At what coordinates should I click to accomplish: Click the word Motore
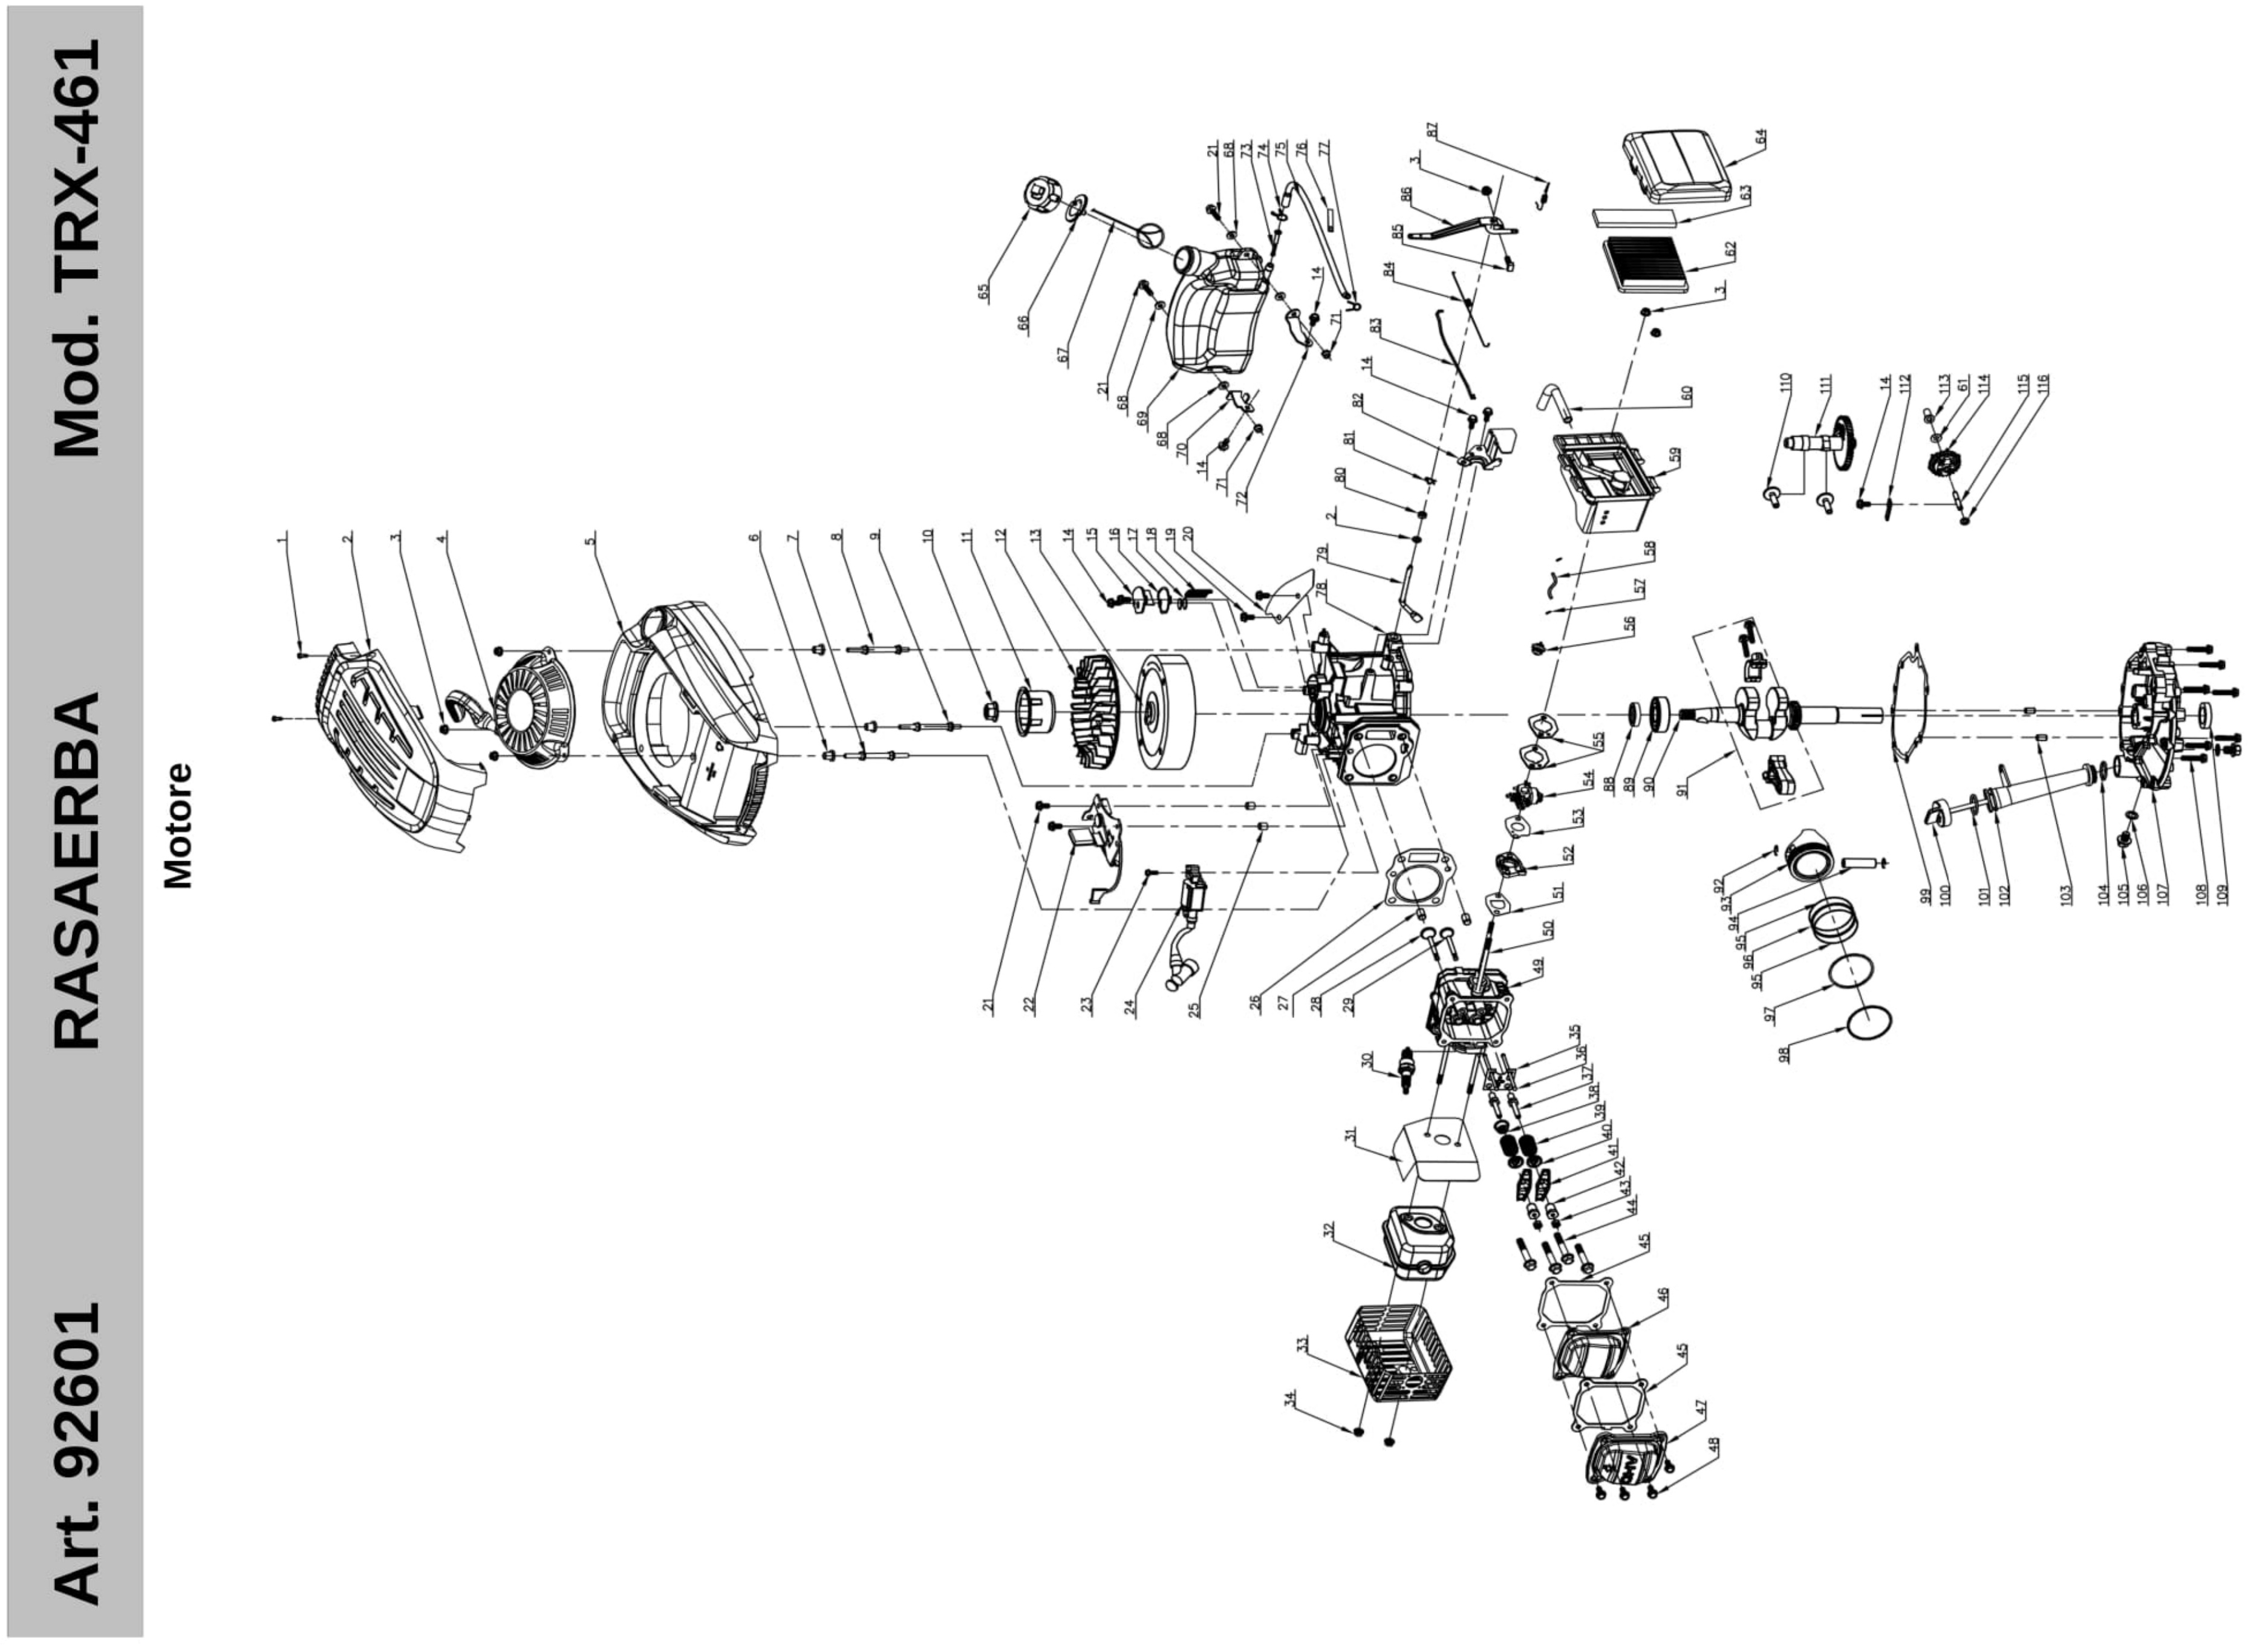(x=177, y=827)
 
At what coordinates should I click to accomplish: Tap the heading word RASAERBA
(x=77, y=872)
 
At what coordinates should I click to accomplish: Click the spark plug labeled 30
(x=1406, y=1070)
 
